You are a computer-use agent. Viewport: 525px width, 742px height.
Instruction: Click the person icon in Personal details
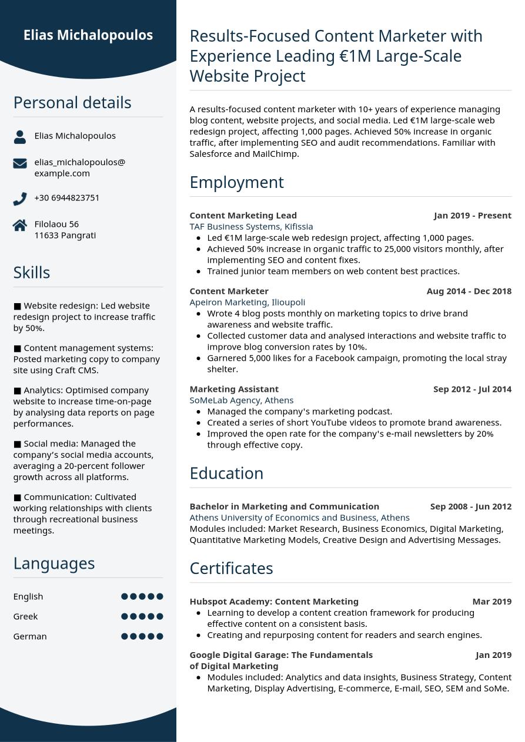coord(19,136)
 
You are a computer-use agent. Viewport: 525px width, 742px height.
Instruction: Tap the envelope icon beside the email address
coord(19,163)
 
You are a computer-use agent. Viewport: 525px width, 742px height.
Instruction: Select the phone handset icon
coord(19,199)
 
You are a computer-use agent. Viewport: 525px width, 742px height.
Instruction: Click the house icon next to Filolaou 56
coord(19,225)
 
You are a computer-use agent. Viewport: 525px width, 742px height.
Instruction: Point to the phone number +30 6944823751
coord(66,197)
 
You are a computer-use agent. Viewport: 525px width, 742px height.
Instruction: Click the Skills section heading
coord(32,273)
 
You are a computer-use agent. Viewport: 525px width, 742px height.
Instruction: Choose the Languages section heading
coord(54,563)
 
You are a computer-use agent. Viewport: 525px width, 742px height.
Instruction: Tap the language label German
coord(30,636)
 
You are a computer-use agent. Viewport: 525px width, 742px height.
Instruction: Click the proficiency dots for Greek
coord(142,616)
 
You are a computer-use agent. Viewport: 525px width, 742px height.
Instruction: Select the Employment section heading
coord(236,182)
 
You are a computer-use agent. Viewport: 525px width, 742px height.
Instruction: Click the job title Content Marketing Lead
coord(243,215)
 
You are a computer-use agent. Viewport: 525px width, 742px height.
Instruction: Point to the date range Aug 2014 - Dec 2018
coord(469,291)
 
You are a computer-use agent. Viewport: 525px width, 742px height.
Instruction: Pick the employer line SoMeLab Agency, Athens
coord(241,400)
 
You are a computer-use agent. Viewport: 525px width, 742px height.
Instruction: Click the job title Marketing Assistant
coord(234,389)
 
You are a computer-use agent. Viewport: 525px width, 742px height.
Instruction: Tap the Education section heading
coord(226,474)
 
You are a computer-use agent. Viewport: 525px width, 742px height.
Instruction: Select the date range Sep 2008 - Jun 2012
coord(470,506)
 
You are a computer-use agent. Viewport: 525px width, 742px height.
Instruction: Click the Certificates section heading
coord(231,569)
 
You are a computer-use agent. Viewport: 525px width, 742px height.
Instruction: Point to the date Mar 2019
coord(491,602)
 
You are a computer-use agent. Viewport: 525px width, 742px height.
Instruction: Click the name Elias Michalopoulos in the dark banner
coord(88,35)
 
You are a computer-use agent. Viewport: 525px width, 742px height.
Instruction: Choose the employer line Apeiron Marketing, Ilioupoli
coord(247,302)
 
